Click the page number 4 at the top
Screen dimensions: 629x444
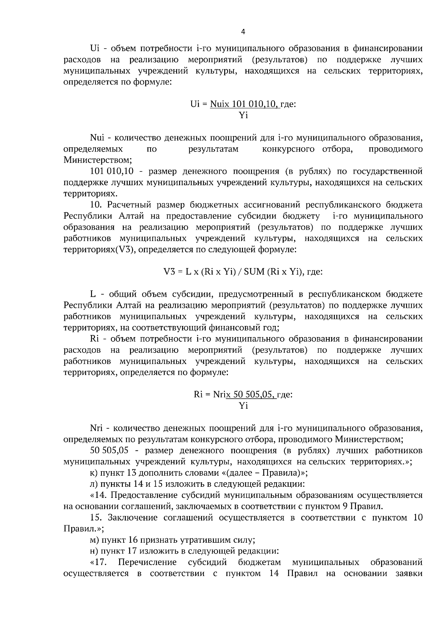243,32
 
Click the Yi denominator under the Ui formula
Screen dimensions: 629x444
243,115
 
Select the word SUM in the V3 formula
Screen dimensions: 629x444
255,272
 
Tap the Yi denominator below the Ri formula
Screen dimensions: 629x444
243,406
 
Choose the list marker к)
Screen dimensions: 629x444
94,473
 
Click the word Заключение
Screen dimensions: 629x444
136,517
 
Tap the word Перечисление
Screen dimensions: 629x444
147,562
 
